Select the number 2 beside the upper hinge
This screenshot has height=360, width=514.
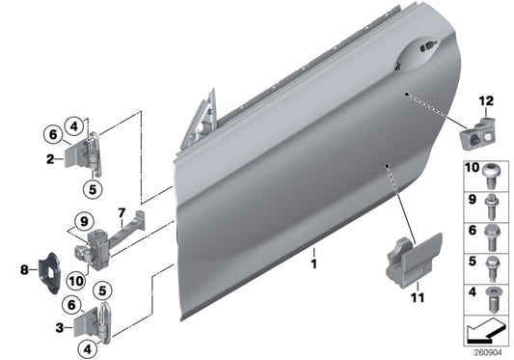[49, 158]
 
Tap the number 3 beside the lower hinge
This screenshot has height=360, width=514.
[61, 328]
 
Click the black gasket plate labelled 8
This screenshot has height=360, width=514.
[45, 263]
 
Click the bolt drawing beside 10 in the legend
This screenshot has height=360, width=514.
[494, 179]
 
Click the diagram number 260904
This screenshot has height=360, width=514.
[486, 350]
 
